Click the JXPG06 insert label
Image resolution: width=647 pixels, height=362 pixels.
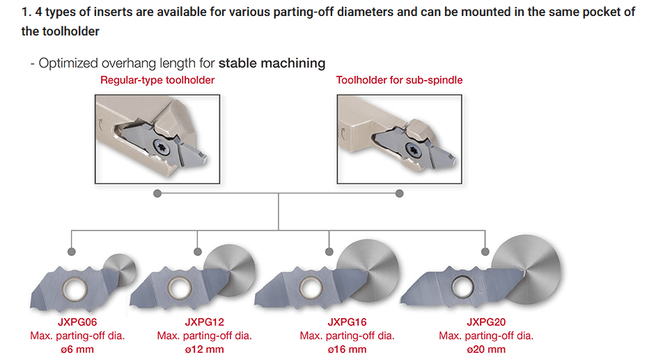click(x=77, y=322)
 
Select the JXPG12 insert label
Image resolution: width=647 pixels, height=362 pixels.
click(x=204, y=322)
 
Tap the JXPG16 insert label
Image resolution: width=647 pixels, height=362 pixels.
click(x=347, y=322)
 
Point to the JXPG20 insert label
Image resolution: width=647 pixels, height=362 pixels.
click(x=486, y=322)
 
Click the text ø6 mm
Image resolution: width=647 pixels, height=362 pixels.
click(x=77, y=349)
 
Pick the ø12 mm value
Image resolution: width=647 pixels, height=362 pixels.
click(x=204, y=349)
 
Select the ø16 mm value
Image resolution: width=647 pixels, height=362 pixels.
click(x=347, y=349)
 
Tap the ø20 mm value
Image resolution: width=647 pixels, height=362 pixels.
click(x=486, y=349)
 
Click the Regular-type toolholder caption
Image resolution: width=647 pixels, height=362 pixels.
click(x=157, y=80)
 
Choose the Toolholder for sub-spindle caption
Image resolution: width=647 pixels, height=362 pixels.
click(x=399, y=80)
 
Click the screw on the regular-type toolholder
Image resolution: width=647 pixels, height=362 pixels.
click(x=162, y=147)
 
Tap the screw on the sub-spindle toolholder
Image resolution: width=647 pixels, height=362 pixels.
click(x=412, y=150)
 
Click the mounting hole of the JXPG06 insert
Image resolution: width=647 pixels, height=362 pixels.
click(x=75, y=289)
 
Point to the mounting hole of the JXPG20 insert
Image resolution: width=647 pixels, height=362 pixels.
click(x=462, y=286)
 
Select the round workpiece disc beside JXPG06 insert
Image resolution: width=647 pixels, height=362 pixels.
click(x=120, y=269)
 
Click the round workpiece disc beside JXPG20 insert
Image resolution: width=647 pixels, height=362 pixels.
click(x=527, y=269)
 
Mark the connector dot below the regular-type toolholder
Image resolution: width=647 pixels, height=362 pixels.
click(x=157, y=194)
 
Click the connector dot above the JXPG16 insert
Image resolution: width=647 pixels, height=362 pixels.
click(x=329, y=251)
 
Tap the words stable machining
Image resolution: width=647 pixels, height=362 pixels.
click(x=272, y=63)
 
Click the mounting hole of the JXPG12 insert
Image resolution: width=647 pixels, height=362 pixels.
click(x=180, y=288)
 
